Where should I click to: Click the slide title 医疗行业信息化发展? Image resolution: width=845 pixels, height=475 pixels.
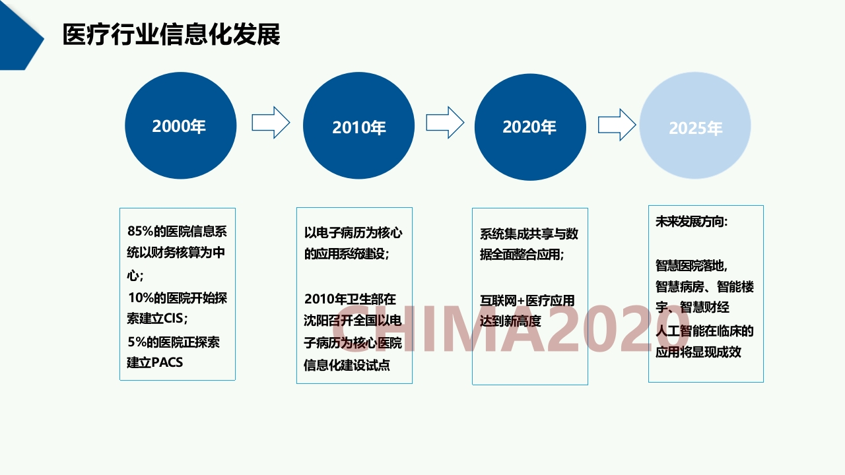[171, 34]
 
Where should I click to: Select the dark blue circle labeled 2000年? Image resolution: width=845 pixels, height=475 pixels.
[181, 125]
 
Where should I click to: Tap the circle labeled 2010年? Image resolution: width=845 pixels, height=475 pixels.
[358, 125]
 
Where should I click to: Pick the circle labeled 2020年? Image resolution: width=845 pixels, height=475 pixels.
[530, 127]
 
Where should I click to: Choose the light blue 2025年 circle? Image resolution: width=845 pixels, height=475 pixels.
[695, 125]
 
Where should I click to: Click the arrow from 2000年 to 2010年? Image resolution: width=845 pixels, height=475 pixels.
[271, 123]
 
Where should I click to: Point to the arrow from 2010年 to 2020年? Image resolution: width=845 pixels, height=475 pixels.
[445, 123]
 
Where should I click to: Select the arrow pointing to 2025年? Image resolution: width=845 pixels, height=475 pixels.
[617, 125]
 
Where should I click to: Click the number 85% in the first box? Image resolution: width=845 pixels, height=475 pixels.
[141, 231]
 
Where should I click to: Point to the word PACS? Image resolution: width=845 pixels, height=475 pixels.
[167, 363]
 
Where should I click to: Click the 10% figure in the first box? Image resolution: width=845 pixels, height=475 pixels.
[141, 298]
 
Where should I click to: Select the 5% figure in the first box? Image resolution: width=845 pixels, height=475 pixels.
[137, 342]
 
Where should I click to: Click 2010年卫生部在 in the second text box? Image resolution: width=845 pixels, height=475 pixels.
[350, 299]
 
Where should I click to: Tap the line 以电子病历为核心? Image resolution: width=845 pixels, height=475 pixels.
[353, 233]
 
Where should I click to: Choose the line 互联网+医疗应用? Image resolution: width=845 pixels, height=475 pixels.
[527, 300]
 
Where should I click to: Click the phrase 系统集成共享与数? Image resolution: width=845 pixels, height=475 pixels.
[529, 234]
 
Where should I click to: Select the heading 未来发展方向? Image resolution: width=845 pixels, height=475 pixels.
[691, 221]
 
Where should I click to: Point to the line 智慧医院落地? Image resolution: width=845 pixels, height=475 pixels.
[691, 265]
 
